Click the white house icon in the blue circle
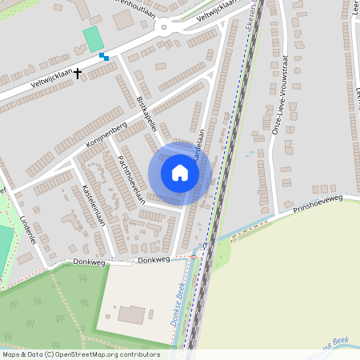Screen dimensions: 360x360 [179, 172]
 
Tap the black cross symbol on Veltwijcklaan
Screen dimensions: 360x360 [78, 73]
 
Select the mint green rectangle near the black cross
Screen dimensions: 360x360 [94, 38]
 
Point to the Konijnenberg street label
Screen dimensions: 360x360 [106, 137]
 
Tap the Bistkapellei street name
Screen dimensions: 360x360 [149, 117]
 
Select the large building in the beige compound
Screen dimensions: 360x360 [133, 314]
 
